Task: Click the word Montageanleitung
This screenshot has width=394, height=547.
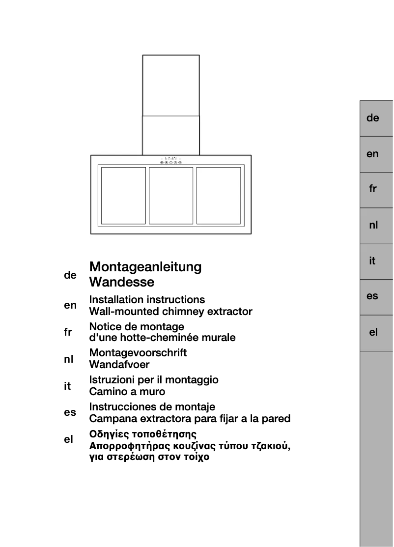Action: point(145,267)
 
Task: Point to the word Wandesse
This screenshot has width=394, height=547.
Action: point(121,282)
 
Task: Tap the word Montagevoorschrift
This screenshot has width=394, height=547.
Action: point(138,353)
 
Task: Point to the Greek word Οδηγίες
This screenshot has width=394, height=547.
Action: point(110,434)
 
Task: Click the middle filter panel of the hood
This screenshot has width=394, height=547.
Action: point(170,196)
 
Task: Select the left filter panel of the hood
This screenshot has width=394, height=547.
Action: point(123,196)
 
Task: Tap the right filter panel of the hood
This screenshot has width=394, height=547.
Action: point(218,196)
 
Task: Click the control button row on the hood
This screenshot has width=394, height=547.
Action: point(171,162)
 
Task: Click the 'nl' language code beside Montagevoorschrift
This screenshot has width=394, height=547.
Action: point(69,359)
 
